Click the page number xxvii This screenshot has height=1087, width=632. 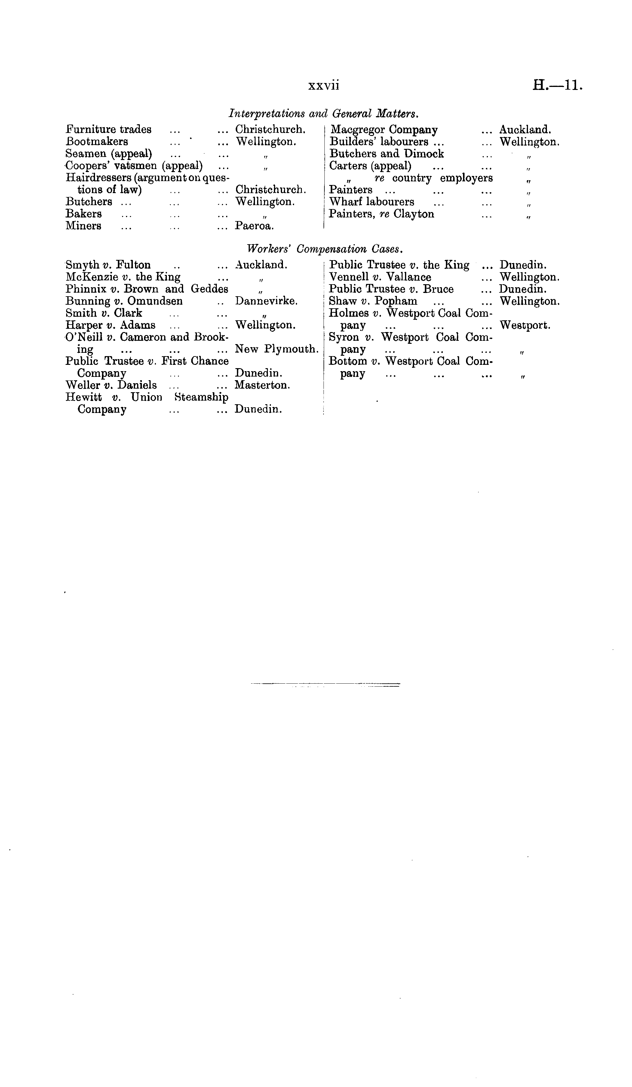(x=324, y=86)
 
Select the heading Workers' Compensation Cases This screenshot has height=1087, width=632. (x=325, y=249)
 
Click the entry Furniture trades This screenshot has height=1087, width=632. (x=109, y=129)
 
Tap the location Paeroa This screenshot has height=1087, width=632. (x=254, y=226)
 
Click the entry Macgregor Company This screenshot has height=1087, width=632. (x=384, y=129)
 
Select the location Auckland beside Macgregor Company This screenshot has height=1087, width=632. (x=525, y=129)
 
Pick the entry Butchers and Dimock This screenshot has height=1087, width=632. (x=386, y=154)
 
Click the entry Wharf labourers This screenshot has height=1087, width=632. (x=371, y=202)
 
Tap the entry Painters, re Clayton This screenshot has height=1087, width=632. (x=381, y=214)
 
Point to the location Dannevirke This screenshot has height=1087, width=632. (x=266, y=301)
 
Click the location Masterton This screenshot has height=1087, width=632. (x=262, y=385)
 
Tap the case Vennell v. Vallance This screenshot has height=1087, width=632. (x=380, y=277)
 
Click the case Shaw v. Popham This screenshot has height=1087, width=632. (x=373, y=301)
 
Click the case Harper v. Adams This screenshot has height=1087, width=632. (x=110, y=325)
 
